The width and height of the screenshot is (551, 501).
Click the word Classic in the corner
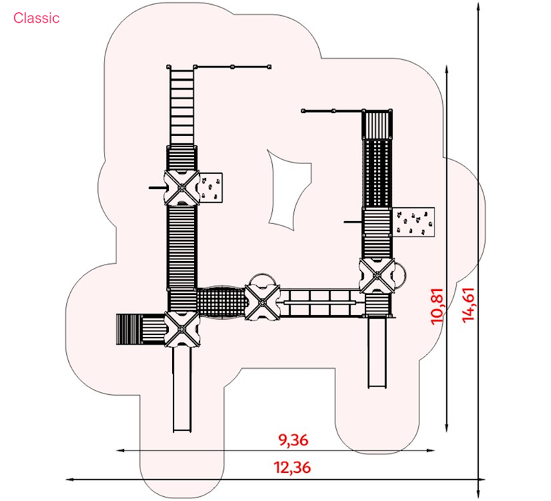[x=37, y=18]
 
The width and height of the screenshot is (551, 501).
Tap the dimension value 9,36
[x=293, y=440]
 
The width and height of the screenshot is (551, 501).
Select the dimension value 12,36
[x=292, y=468]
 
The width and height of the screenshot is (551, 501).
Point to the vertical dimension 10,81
[x=437, y=306]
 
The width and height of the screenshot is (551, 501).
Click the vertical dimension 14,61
[x=469, y=305]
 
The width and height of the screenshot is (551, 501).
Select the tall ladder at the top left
[x=181, y=105]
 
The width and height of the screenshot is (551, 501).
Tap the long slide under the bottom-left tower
[x=183, y=389]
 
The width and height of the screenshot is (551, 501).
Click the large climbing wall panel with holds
[x=413, y=222]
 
